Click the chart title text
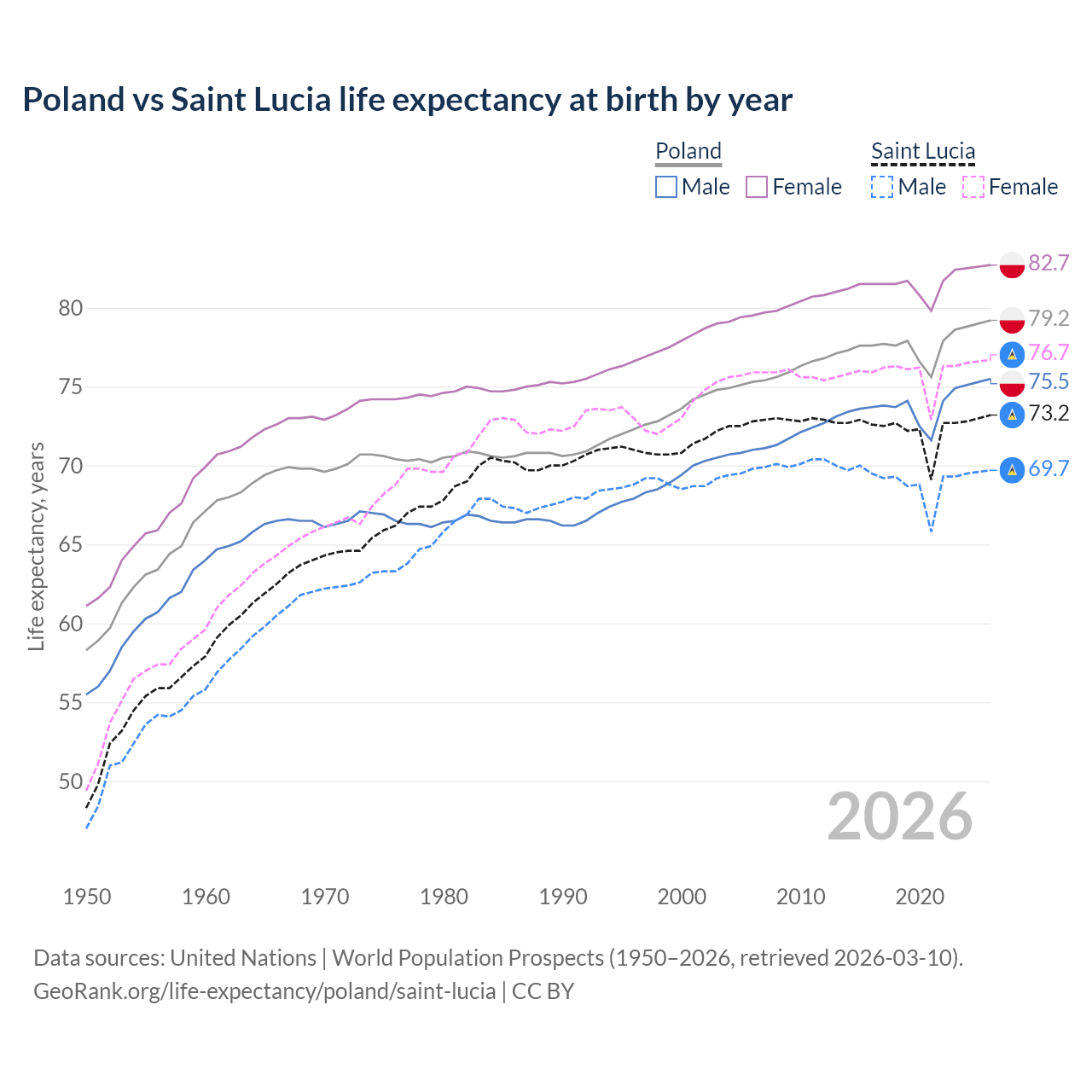407,100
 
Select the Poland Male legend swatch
666,187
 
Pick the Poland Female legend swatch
757,187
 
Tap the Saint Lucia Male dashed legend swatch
882,187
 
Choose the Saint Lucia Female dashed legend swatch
973,187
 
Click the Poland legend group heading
688,151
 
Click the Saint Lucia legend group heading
923,151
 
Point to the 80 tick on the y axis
70,308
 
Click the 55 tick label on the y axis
70,703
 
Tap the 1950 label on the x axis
87,897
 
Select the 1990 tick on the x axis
563,897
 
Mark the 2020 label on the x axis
920,897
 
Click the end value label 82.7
1048,263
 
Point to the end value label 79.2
1048,318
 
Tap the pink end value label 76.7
1048,352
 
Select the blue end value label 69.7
1048,468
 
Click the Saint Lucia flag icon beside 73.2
1012,415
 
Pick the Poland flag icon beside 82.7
1012,264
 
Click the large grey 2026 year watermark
899,816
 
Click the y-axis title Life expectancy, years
36,546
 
